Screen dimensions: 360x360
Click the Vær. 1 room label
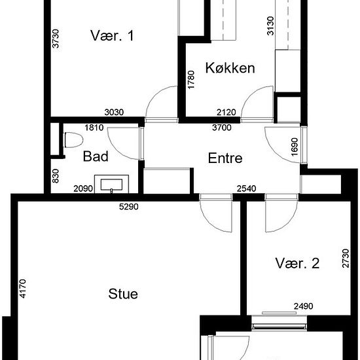(112, 35)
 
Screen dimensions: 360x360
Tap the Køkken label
(230, 68)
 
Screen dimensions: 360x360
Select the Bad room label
(96, 156)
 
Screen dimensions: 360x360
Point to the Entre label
(225, 158)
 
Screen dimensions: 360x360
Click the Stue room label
(123, 294)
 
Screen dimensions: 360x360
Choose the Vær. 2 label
(297, 263)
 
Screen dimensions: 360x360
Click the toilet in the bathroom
(74, 140)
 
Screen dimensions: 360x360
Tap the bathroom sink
(111, 184)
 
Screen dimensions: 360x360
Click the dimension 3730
(56, 39)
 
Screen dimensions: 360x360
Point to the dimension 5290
(129, 207)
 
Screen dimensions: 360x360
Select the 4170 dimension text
(23, 289)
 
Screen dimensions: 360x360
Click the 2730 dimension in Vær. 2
(346, 259)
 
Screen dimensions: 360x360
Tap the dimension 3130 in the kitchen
(271, 26)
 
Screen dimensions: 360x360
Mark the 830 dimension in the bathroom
(56, 176)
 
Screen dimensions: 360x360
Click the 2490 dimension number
(303, 306)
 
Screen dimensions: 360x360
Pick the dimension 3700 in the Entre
(222, 128)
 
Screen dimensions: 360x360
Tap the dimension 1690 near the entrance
(295, 147)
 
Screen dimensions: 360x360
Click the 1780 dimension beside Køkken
(191, 80)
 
